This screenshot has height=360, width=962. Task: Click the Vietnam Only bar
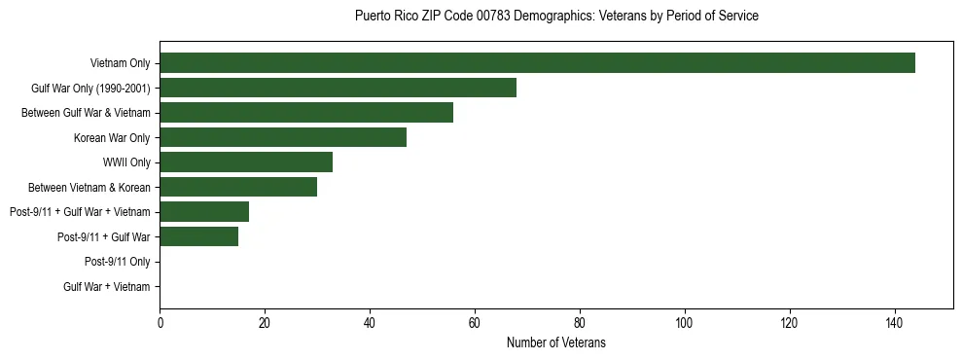[537, 63]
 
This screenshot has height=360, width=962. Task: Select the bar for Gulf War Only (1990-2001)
[338, 88]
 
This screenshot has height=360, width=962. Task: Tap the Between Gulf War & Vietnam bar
[306, 113]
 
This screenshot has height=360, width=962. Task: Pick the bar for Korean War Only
[283, 137]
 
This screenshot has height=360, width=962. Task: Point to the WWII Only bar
[246, 162]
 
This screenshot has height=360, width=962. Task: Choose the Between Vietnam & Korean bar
[238, 187]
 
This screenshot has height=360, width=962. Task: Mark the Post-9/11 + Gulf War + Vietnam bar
[204, 212]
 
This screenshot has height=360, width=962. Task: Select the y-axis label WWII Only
[126, 162]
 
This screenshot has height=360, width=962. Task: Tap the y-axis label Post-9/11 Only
[118, 262]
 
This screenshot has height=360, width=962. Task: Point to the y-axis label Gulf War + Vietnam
[107, 286]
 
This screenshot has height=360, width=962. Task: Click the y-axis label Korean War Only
[112, 137]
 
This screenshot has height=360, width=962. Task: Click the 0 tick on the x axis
[160, 324]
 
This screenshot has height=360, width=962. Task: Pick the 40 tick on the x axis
[370, 324]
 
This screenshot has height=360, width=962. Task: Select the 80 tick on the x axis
[580, 324]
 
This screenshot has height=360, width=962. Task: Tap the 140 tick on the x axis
[895, 324]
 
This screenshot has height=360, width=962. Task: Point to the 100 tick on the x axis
[685, 324]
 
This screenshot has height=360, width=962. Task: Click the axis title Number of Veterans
[555, 342]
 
